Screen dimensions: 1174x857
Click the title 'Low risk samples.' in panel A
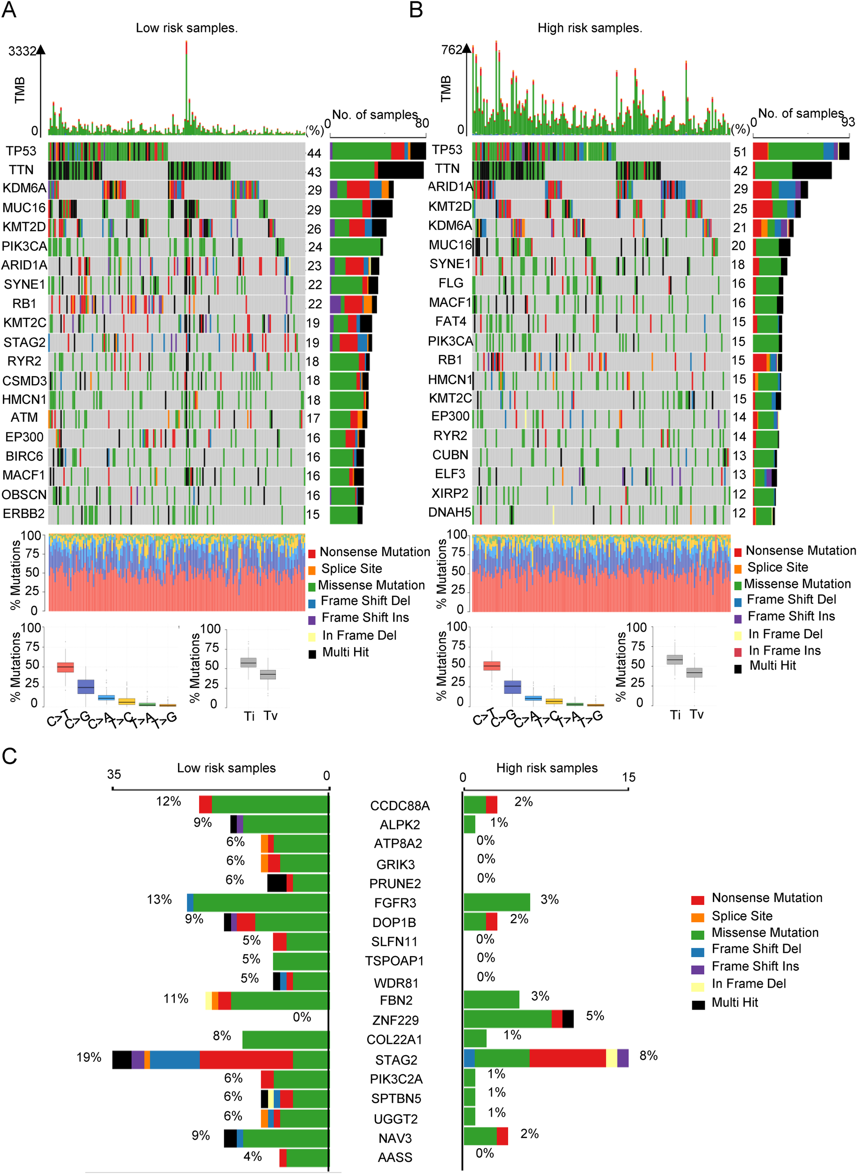coord(187,28)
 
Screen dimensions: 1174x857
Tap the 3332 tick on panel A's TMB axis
coord(22,51)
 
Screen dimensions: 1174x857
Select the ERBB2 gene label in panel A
coord(24,514)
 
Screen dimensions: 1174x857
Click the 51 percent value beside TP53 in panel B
coord(740,152)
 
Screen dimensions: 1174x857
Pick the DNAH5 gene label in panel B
coord(449,512)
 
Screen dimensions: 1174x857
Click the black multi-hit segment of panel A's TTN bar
coord(401,170)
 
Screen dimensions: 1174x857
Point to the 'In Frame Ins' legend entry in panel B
coord(784,650)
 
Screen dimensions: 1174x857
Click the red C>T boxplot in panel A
coord(65,667)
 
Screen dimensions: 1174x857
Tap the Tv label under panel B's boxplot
coord(697,714)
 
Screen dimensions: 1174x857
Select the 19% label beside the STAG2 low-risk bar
coord(89,1057)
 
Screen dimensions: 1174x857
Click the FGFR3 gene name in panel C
coord(395,903)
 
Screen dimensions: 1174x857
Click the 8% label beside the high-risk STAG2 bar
coord(648,1056)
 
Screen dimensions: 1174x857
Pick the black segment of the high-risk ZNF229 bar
coord(568,1019)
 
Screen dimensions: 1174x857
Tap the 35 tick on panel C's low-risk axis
coord(114,774)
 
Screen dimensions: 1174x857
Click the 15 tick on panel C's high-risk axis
coord(628,777)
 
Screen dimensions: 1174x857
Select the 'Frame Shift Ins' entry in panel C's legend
coord(755,966)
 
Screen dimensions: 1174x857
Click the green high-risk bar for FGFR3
coord(496,902)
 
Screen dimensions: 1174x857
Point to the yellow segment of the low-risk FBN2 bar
coord(208,1000)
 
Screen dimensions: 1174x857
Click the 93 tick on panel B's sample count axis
coord(848,122)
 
